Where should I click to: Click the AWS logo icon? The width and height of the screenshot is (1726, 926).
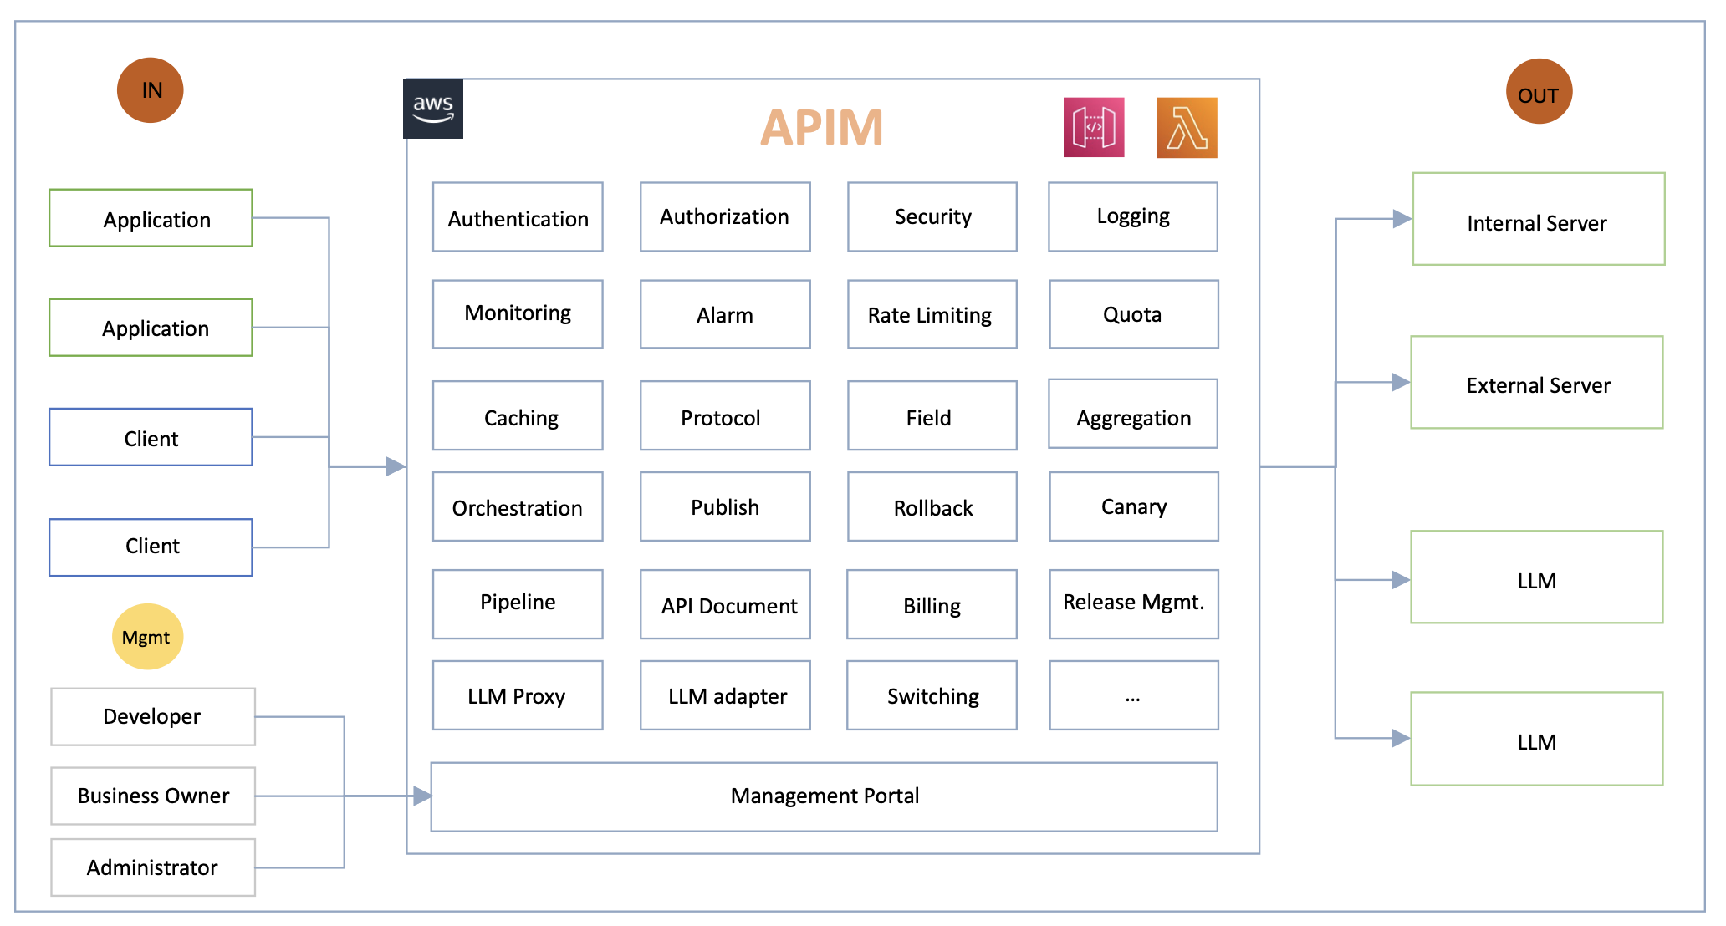pyautogui.click(x=432, y=109)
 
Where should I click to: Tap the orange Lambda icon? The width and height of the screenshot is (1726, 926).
pyautogui.click(x=1186, y=128)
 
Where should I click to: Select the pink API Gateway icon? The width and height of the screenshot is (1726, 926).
pyautogui.click(x=1093, y=128)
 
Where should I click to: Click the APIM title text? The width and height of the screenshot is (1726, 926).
pyautogui.click(x=821, y=128)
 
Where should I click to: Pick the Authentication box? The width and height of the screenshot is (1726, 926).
pyautogui.click(x=518, y=217)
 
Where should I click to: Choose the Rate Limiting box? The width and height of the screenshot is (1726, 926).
pyautogui.click(x=932, y=314)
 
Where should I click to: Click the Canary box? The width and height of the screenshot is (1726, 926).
pyautogui.click(x=1133, y=506)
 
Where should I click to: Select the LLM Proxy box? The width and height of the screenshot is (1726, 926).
pyautogui.click(x=518, y=695)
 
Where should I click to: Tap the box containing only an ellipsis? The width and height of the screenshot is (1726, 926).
pyautogui.click(x=1133, y=695)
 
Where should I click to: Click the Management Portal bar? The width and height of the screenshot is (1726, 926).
pyautogui.click(x=824, y=796)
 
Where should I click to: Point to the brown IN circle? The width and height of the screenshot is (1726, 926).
pyautogui.click(x=151, y=90)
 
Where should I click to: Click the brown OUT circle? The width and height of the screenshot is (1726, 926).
pyautogui.click(x=1539, y=92)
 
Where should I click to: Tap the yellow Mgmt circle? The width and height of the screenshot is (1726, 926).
pyautogui.click(x=147, y=637)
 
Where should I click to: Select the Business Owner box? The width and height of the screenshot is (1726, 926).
pyautogui.click(x=153, y=796)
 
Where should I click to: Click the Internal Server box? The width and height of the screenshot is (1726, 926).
pyautogui.click(x=1538, y=220)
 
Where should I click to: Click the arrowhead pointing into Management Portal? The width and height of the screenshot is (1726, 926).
pyautogui.click(x=421, y=796)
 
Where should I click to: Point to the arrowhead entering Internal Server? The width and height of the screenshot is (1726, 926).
pyautogui.click(x=1401, y=219)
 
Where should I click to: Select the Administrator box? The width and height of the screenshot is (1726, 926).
pyautogui.click(x=153, y=867)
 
